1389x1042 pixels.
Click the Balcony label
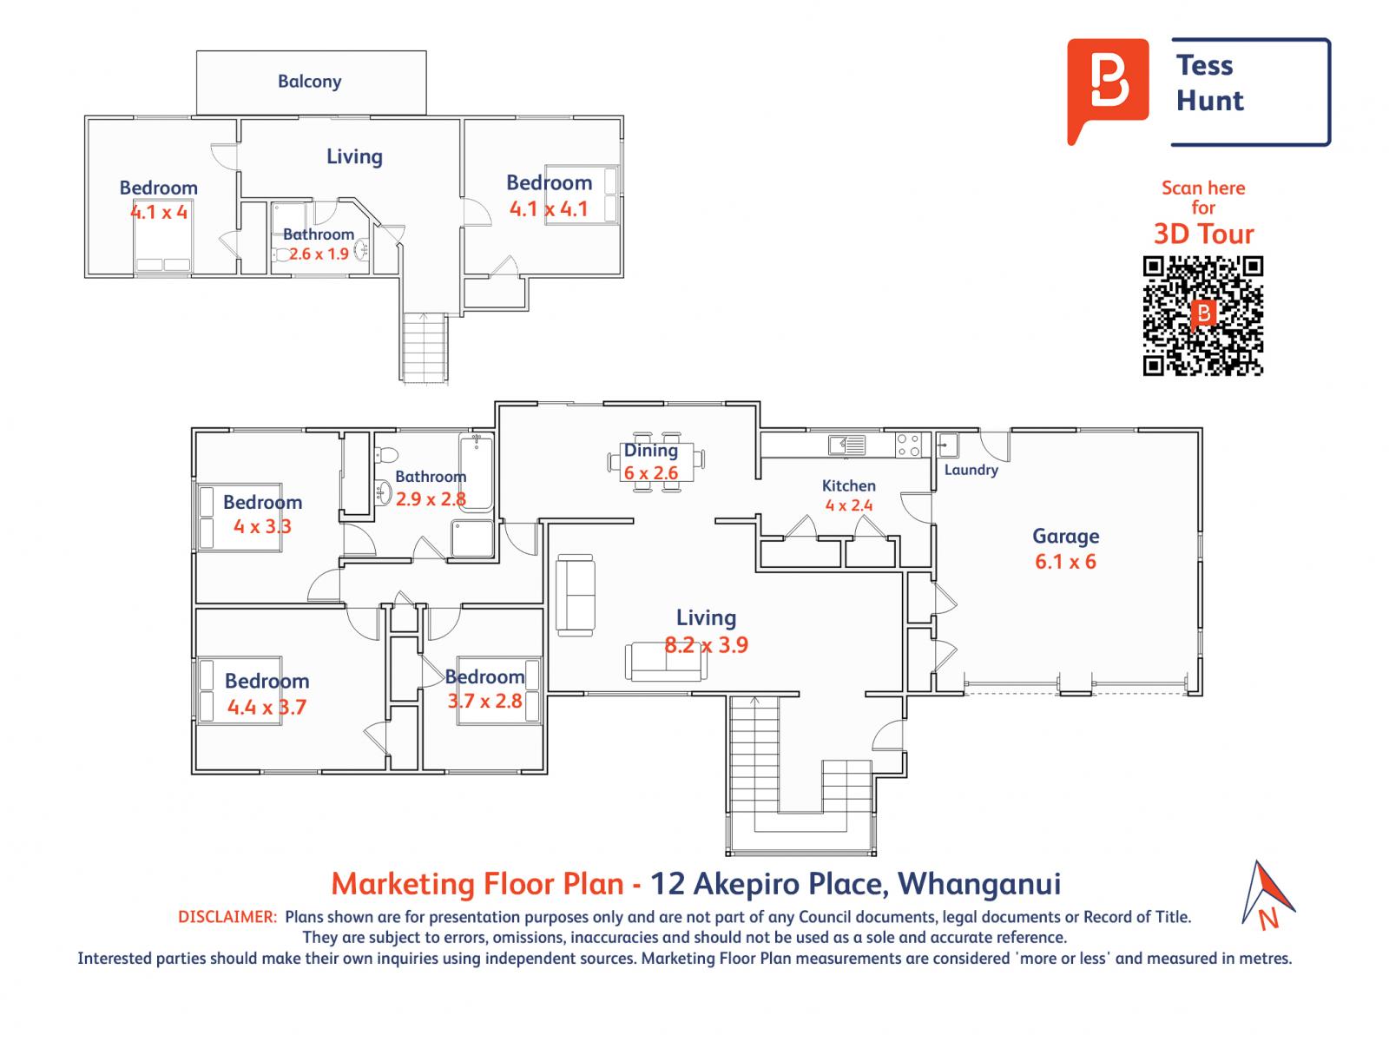tap(309, 82)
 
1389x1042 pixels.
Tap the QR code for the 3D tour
tap(1202, 316)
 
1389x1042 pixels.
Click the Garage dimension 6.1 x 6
tap(1066, 561)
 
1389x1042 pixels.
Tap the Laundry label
tap(971, 470)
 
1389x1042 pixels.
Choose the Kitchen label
tap(848, 485)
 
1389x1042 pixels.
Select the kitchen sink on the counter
tap(847, 445)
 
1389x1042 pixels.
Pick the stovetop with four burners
tap(908, 445)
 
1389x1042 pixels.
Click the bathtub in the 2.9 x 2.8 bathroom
tap(476, 472)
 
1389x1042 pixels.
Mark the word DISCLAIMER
tap(227, 917)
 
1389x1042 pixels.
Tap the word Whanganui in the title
tap(979, 883)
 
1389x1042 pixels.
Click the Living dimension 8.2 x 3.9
tap(706, 644)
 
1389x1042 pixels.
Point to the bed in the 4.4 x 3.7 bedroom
tap(240, 689)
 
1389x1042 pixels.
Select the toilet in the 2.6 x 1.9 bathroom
tap(283, 254)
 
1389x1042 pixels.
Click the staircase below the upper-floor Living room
tap(424, 347)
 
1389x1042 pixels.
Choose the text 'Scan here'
tap(1203, 188)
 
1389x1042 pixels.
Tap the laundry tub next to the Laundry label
tap(947, 445)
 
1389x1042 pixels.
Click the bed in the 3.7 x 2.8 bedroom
tap(498, 690)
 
